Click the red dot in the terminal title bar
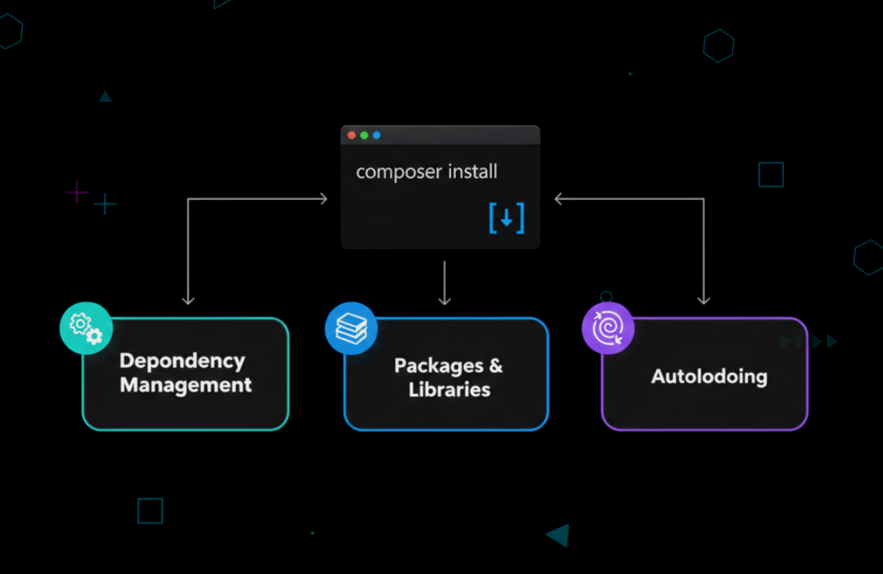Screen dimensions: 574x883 352,135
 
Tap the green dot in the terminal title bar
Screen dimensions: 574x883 364,135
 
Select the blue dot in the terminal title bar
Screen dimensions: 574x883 377,135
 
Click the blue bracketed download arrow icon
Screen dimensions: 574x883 506,218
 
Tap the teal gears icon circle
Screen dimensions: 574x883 86,328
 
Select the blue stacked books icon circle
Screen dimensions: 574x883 351,328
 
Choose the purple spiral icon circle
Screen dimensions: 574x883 608,328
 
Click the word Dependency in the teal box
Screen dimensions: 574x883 182,362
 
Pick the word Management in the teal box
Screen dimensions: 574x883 186,384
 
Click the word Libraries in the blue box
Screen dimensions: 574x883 449,390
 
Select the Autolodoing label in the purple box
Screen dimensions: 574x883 709,377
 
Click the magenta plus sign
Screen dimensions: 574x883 77,192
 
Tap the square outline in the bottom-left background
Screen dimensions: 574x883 150,511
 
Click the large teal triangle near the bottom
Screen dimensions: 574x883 559,535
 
